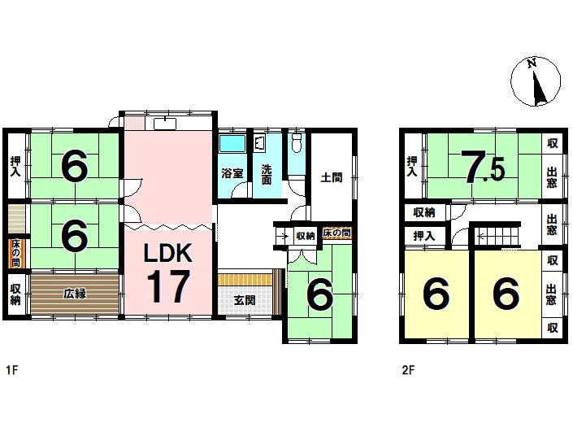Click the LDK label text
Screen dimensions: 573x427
(x=168, y=253)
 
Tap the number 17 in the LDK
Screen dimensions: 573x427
(x=168, y=286)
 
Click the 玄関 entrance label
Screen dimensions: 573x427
(x=245, y=300)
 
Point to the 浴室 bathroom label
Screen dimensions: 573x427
(x=232, y=173)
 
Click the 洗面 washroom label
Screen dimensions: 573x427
(x=267, y=174)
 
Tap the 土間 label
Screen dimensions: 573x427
(x=332, y=177)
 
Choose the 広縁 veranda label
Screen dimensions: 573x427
(x=75, y=293)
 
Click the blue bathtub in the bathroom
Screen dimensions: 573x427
(x=232, y=143)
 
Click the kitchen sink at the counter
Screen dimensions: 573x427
(x=165, y=124)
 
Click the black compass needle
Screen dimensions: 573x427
(x=538, y=89)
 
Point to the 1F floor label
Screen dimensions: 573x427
(x=11, y=370)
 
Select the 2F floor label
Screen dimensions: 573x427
(x=408, y=370)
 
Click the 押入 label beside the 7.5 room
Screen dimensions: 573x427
(x=412, y=167)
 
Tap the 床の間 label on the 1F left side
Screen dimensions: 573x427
(x=15, y=253)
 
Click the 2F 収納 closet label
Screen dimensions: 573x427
(x=424, y=212)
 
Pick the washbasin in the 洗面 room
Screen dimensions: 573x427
(x=260, y=143)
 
